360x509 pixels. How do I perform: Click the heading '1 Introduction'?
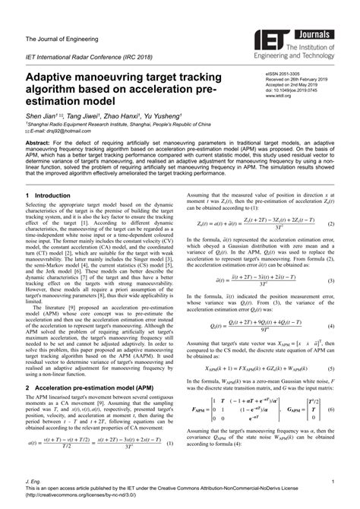[x=49, y=194]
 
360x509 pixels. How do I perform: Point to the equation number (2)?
[x=332, y=245]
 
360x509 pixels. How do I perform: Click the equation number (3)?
[x=332, y=280]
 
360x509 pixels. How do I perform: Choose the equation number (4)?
[x=332, y=325]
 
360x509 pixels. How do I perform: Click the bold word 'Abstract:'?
[x=40, y=142]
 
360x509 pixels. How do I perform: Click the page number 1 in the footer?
[x=333, y=482]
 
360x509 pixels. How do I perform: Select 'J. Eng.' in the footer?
[x=33, y=482]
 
